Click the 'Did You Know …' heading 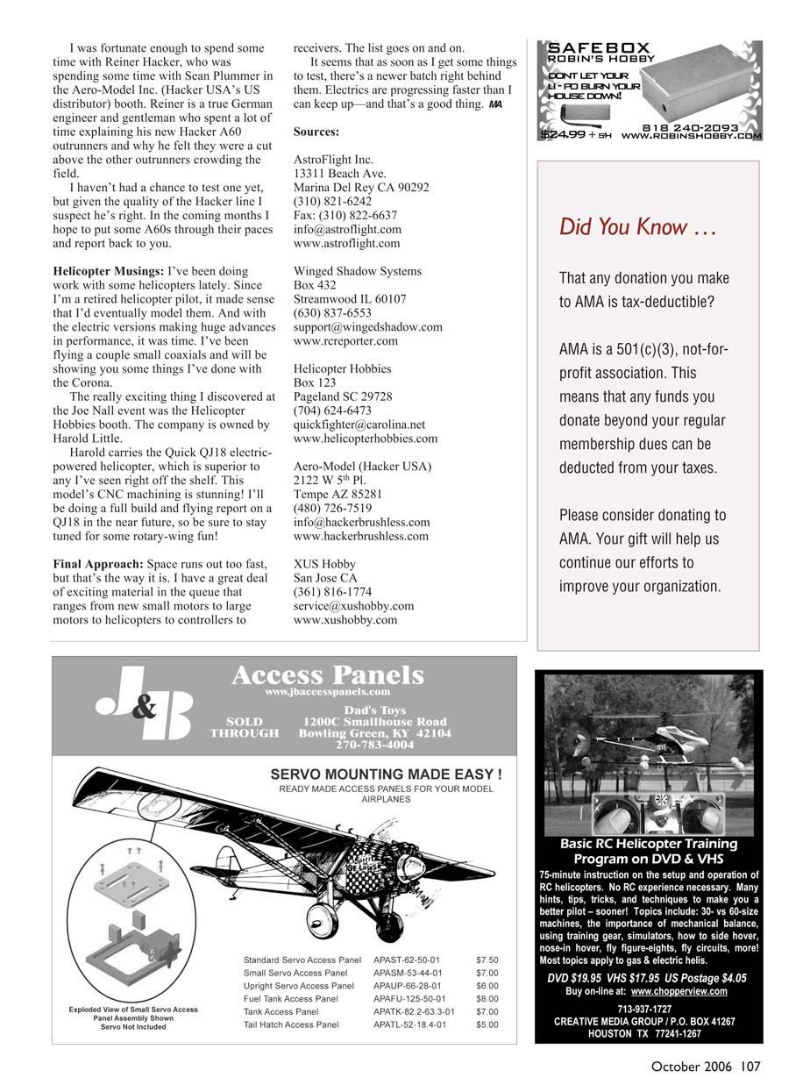[x=636, y=228]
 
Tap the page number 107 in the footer [x=750, y=1067]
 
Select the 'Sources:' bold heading [x=316, y=132]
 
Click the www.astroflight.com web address [x=346, y=244]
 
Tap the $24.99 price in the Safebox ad [x=563, y=136]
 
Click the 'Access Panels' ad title [x=327, y=675]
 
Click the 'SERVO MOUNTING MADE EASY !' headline [x=386, y=774]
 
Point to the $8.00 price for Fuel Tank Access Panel [x=487, y=998]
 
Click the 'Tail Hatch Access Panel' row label [x=291, y=1024]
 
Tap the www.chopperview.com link [x=679, y=992]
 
